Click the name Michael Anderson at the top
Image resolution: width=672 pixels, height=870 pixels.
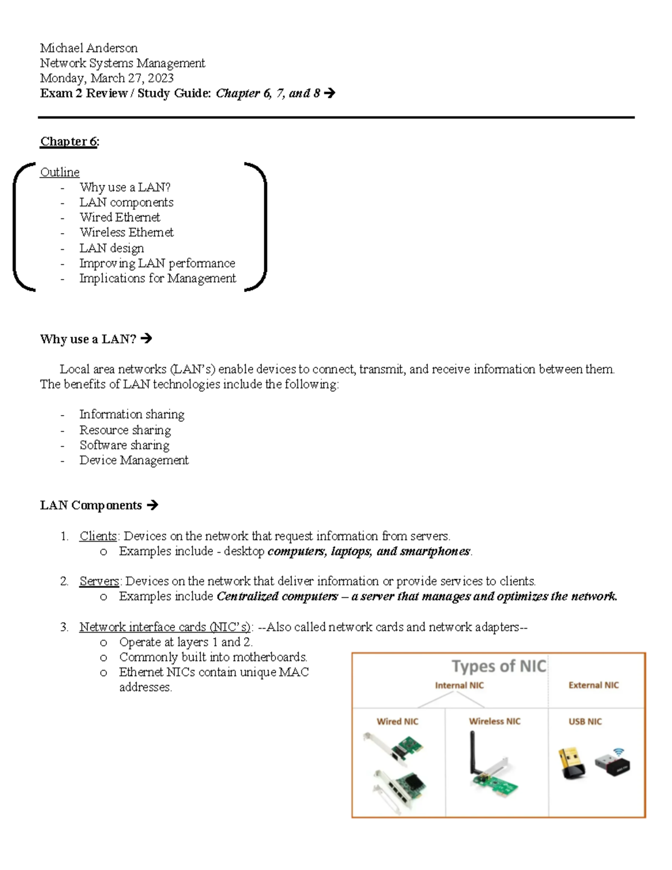coord(88,48)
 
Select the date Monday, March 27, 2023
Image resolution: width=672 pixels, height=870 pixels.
coord(106,78)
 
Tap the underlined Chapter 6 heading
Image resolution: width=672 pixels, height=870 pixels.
coord(69,141)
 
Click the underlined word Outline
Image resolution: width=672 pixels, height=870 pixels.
coord(59,172)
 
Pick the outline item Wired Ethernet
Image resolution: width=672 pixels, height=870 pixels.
coord(119,217)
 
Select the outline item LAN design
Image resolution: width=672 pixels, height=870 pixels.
coord(111,248)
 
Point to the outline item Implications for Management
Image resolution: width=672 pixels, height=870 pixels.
coord(157,278)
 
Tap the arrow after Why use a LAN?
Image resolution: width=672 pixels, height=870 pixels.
coord(146,338)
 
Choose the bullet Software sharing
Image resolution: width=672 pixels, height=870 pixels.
coord(124,445)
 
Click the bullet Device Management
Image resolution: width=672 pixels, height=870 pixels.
coord(133,460)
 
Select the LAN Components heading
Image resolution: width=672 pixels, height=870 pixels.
coord(91,505)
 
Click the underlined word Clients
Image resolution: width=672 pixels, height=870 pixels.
coord(98,536)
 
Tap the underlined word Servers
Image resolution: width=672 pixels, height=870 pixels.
coord(99,581)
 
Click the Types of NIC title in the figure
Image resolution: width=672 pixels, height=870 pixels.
coord(498,666)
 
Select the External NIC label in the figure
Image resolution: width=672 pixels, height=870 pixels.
coord(593,685)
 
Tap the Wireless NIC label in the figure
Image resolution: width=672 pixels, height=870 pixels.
coord(494,722)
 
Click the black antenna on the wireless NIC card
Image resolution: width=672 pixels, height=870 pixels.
coord(473,751)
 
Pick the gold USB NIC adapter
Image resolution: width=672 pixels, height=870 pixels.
coord(571,763)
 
